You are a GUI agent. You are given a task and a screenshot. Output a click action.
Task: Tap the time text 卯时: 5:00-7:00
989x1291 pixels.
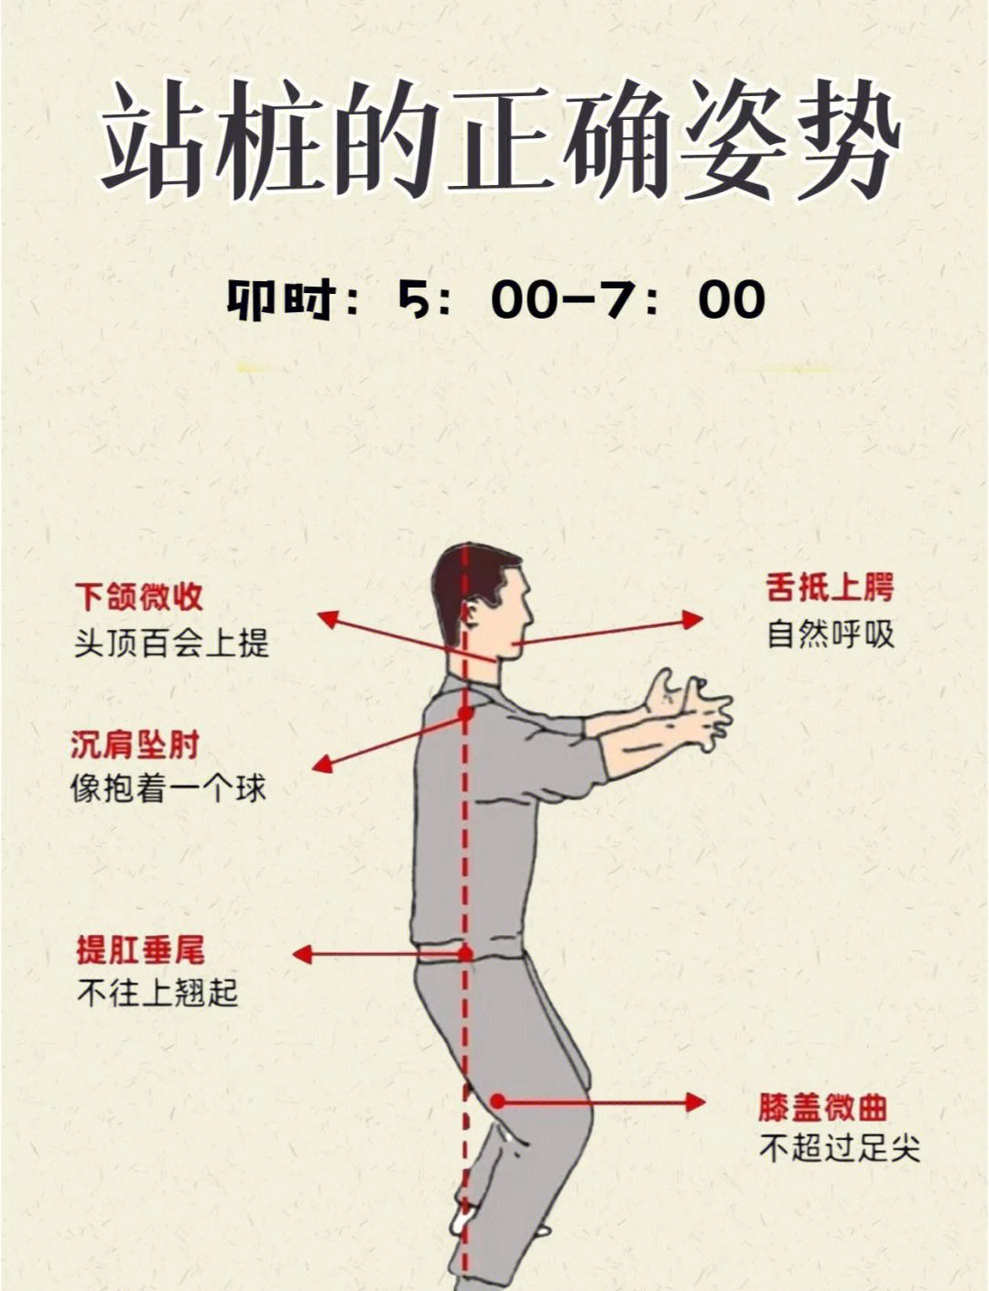(x=495, y=299)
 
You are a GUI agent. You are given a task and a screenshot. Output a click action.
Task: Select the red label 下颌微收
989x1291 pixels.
(x=138, y=597)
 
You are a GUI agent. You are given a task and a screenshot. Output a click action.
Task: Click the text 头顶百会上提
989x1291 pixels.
(x=171, y=643)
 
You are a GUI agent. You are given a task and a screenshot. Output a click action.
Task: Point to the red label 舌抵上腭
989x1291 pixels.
(x=830, y=588)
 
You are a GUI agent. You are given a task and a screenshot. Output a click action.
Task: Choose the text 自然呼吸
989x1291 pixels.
(x=830, y=634)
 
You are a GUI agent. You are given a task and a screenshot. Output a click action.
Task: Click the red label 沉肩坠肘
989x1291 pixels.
(x=135, y=744)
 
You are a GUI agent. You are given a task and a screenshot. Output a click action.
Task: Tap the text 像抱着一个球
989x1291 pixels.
(x=168, y=788)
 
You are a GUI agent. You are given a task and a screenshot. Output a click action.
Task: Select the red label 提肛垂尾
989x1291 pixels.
(x=140, y=949)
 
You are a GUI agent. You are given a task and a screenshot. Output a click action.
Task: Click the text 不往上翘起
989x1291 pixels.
(x=157, y=993)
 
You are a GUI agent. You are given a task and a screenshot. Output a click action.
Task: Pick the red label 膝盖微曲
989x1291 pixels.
(x=822, y=1107)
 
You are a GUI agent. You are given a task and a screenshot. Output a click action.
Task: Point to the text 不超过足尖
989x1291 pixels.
(x=839, y=1148)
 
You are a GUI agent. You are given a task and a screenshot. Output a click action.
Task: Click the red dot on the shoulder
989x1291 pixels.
(x=465, y=712)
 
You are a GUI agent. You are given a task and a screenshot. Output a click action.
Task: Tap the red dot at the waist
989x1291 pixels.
(x=465, y=954)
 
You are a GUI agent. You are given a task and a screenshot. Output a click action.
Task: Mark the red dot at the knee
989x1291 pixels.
(x=497, y=1101)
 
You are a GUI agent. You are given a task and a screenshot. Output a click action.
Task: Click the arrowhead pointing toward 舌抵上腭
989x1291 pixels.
(x=693, y=620)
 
